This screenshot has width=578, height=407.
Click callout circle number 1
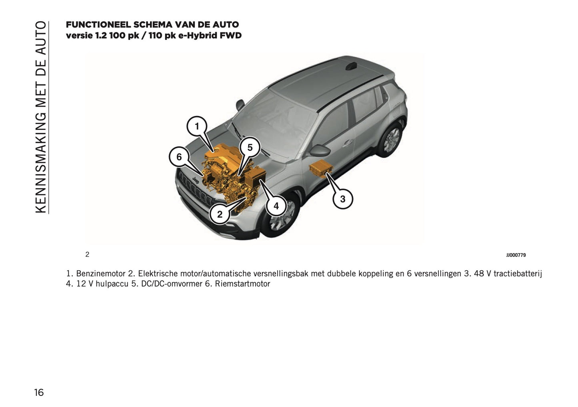pos(197,127)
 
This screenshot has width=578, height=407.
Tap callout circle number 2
pos(220,214)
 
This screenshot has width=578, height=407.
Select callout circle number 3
pos(342,199)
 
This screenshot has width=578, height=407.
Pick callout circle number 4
pos(276,206)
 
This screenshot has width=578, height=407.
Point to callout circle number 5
pos(250,148)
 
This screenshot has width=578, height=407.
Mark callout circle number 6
pos(179,157)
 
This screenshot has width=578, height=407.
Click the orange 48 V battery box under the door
pos(321,168)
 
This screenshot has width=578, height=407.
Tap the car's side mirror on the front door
pos(320,150)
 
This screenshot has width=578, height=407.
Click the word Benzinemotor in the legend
pos(101,274)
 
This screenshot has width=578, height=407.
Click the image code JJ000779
pos(516,255)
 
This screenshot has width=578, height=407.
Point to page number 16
pos(39,393)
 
